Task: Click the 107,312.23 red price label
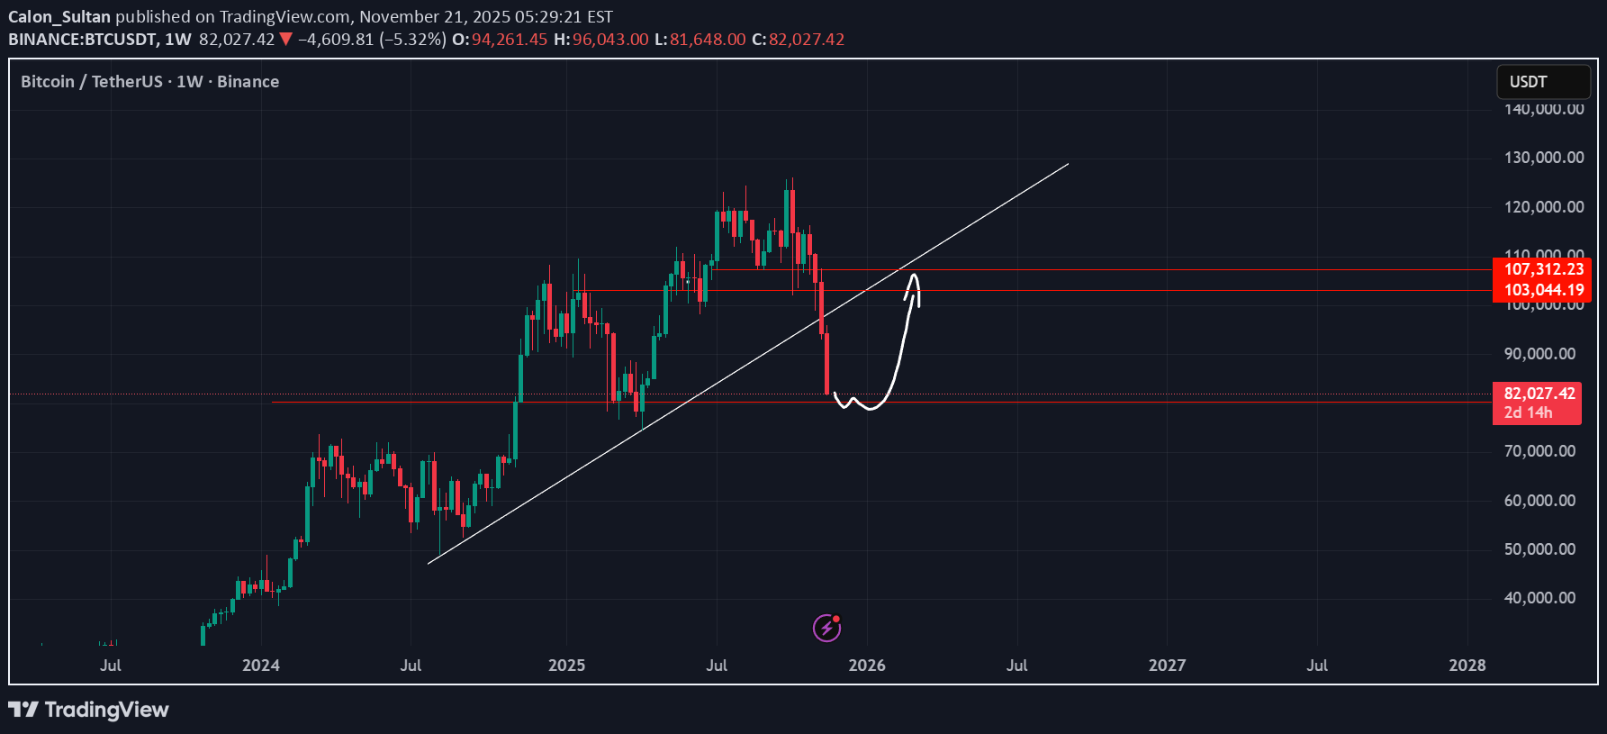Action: click(1543, 269)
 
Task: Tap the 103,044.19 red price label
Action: click(1543, 290)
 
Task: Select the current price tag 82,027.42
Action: click(1539, 394)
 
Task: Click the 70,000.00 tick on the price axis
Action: click(1539, 451)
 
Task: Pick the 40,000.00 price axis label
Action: click(1539, 598)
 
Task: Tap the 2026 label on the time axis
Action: click(867, 666)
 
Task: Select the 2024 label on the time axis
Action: click(261, 666)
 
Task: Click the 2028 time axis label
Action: click(1467, 666)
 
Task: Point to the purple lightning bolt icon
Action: click(826, 627)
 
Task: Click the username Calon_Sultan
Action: click(59, 17)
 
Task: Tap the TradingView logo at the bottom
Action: click(89, 710)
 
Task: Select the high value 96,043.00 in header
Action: click(609, 40)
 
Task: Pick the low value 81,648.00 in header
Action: click(707, 40)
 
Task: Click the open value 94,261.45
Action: click(509, 40)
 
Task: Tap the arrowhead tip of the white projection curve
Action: click(915, 275)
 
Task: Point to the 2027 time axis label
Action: click(1167, 666)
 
